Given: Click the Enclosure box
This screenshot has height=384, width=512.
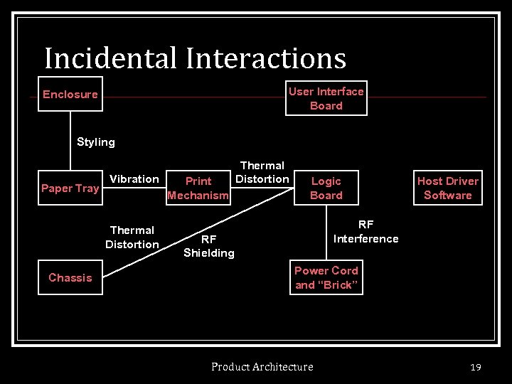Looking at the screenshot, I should point(70,94).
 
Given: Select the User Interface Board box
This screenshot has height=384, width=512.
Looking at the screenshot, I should point(326,98).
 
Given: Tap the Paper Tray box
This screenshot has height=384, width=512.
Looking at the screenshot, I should point(70,188).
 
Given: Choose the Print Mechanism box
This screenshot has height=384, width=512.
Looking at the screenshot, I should point(198,188).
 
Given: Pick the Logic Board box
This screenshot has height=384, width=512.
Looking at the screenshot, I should point(326,188).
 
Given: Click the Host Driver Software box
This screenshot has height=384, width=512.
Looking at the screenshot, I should point(448,188).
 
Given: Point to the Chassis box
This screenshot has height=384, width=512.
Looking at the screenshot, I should point(70,278).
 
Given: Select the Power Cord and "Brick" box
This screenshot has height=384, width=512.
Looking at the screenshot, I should point(326,278).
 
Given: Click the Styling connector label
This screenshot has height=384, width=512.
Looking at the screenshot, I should point(96,142).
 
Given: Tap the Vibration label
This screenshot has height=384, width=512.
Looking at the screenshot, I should point(134,179).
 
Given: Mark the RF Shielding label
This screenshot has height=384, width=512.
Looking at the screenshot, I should point(208,246).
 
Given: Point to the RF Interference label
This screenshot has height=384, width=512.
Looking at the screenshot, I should point(366,232).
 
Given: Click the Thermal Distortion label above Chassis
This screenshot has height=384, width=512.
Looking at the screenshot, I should point(132,238).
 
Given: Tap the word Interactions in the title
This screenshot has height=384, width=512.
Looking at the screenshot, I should point(267,58).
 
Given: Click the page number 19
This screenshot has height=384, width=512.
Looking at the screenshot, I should point(476,367).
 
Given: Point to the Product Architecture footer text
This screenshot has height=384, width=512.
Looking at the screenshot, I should point(262,367).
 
